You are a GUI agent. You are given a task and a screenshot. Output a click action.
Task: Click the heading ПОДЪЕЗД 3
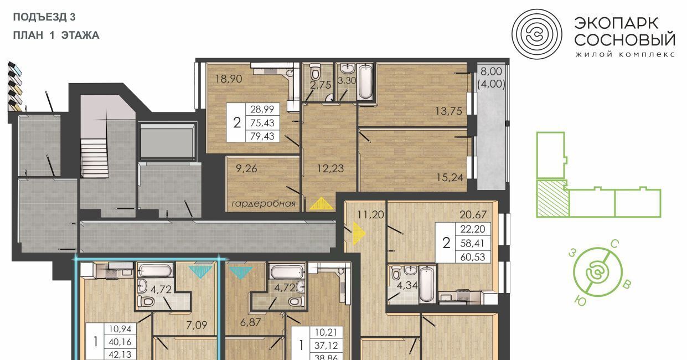(x=44, y=17)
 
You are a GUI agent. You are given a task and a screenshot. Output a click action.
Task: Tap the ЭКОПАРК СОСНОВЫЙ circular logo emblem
(x=537, y=34)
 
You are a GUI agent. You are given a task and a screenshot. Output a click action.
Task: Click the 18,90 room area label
(x=229, y=79)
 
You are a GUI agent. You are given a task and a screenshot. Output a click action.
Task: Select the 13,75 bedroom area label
(x=449, y=111)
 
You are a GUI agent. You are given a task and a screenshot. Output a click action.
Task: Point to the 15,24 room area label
(x=450, y=177)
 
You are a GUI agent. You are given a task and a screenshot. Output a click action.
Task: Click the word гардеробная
(x=264, y=204)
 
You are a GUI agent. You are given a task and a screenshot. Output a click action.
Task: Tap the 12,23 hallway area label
(x=330, y=168)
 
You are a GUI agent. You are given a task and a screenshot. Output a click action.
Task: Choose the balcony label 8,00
(x=492, y=71)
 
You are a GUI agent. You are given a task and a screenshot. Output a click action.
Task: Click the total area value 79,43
(x=262, y=136)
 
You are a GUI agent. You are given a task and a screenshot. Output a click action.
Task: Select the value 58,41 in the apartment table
(x=472, y=243)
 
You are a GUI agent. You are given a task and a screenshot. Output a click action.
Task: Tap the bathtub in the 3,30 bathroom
(x=365, y=81)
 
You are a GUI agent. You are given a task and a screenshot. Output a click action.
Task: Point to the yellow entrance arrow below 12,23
(x=322, y=203)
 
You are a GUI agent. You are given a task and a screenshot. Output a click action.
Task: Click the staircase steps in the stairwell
(x=95, y=157)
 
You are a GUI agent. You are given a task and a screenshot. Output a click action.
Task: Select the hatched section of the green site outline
(x=552, y=198)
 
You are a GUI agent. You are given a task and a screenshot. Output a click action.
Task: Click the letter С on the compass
(x=614, y=244)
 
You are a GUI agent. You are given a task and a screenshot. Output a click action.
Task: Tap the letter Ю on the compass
(x=580, y=300)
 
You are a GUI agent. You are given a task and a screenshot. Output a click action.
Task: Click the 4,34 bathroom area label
(x=407, y=285)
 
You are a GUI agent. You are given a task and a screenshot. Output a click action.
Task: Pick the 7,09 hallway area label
(x=197, y=325)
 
